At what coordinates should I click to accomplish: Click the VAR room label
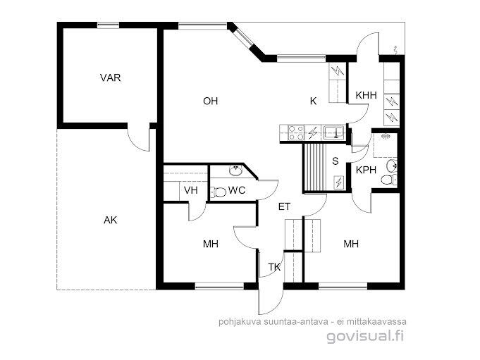pos(110,77)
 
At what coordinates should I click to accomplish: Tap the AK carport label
pos(110,220)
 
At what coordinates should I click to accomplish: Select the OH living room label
pos(210,101)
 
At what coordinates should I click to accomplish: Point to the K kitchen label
pos(313,101)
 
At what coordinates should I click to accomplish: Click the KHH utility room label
pos(366,95)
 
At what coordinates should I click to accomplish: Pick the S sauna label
pos(336,161)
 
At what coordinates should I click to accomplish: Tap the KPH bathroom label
pos(366,170)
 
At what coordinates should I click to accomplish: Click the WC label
pos(237,190)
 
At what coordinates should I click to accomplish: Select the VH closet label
pos(191,190)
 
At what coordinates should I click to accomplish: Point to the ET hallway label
pos(284,206)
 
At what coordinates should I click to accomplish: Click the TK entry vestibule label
pos(275,267)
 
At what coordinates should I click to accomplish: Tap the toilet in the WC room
pos(219,192)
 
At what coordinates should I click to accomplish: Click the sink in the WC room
pos(235,170)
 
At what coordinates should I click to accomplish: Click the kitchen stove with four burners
pos(296,133)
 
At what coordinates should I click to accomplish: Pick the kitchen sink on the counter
pos(333,132)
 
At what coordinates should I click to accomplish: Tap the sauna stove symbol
pos(338,182)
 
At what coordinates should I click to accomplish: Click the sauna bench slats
pos(314,168)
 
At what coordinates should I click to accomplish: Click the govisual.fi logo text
pos(365,336)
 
